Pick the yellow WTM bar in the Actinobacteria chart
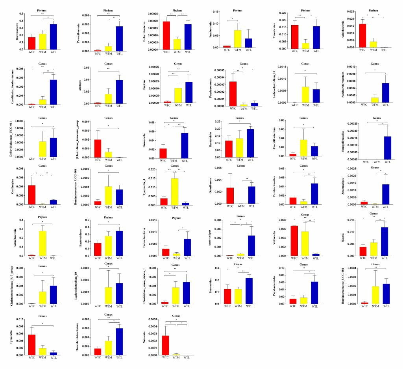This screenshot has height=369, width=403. [38, 243]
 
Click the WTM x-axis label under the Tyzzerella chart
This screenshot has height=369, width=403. [38, 358]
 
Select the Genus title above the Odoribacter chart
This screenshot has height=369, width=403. [239, 166]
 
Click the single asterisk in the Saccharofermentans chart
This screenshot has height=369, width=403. [374, 71]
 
